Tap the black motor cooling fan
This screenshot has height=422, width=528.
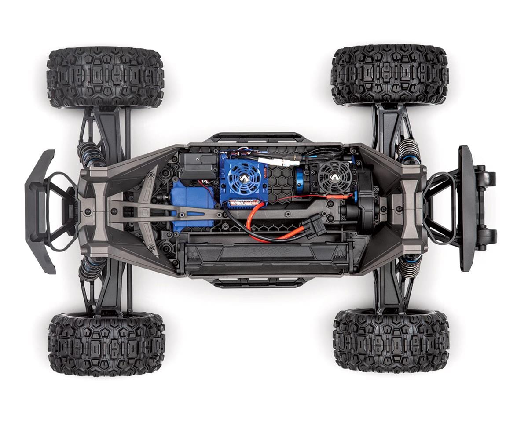(x=335, y=178)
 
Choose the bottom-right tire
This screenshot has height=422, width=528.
(x=391, y=341)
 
